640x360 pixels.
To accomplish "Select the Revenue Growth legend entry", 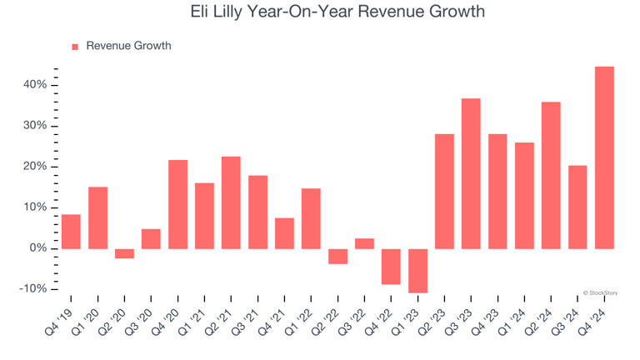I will [x=121, y=46].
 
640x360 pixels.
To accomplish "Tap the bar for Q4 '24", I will [x=604, y=157].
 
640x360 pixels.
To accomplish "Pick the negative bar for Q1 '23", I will [x=417, y=271].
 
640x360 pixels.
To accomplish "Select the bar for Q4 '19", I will [x=71, y=232].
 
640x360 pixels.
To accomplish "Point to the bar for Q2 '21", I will [x=231, y=202].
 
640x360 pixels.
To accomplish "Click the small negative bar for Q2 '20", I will [x=124, y=253].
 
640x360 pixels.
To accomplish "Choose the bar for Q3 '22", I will [x=364, y=243].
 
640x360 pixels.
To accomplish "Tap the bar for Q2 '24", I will [x=551, y=175].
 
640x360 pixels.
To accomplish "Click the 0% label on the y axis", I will [x=38, y=248].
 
